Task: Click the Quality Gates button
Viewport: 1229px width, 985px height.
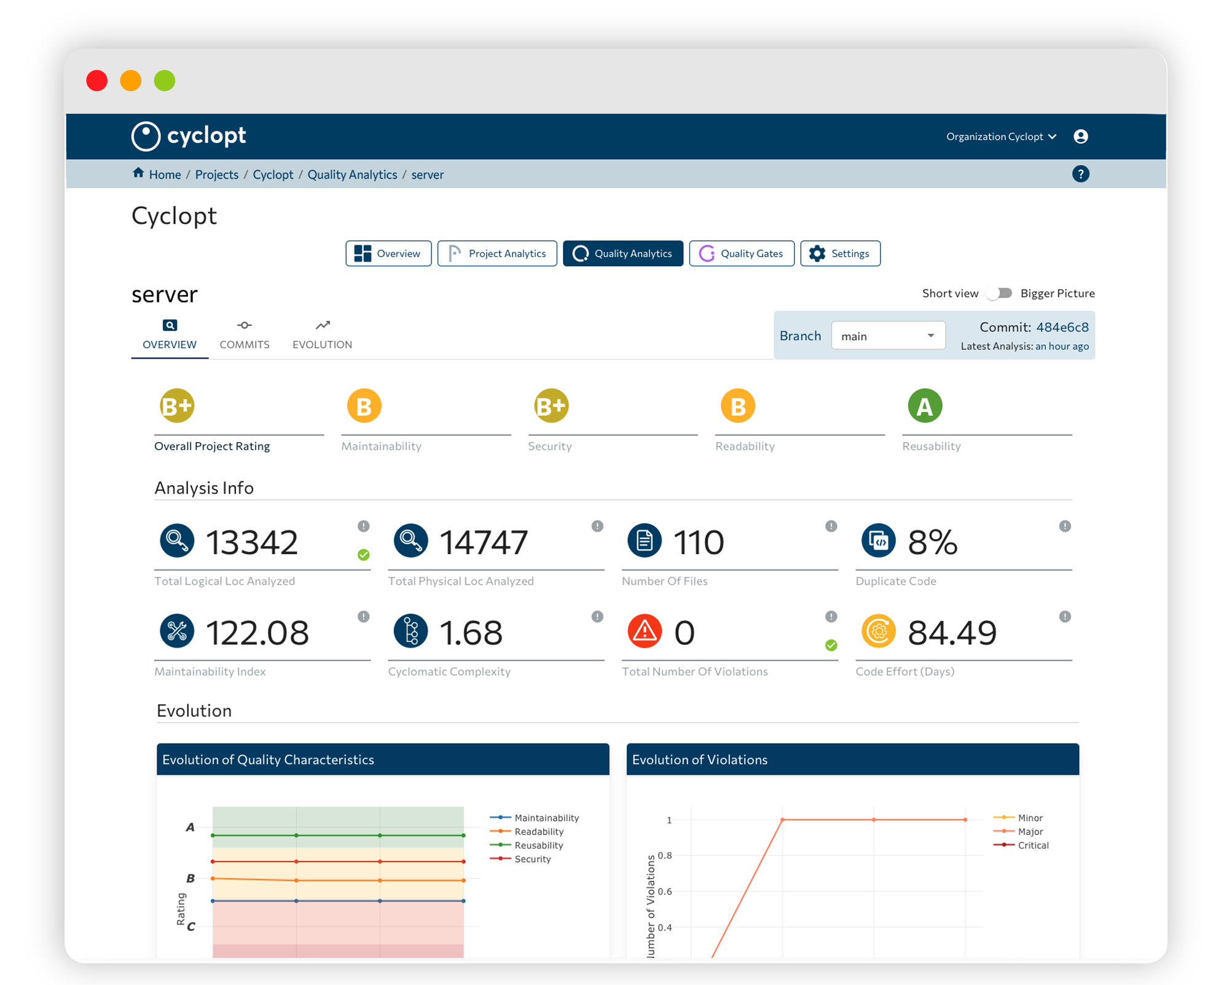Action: click(741, 253)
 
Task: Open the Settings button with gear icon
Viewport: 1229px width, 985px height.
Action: click(839, 253)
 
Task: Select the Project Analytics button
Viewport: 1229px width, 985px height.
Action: click(497, 253)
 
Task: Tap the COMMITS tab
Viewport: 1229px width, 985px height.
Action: click(245, 335)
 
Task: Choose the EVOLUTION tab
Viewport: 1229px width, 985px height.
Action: click(322, 335)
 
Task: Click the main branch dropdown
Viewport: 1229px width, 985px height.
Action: click(887, 336)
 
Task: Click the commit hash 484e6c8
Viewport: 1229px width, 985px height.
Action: click(1062, 327)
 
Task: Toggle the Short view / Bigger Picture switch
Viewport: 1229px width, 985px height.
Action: click(1000, 293)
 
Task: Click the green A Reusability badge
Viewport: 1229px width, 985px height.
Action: click(924, 406)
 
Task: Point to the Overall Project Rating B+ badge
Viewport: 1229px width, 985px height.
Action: click(177, 406)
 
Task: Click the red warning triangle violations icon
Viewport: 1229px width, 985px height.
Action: click(644, 631)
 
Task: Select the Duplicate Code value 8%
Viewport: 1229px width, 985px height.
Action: click(932, 542)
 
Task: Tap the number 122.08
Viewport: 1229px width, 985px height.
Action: click(257, 633)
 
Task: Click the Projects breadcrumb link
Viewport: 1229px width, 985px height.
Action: click(216, 175)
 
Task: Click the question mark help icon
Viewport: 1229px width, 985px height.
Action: click(1080, 174)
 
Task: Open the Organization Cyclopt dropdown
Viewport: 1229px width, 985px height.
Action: click(1000, 136)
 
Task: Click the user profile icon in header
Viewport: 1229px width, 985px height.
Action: click(1080, 136)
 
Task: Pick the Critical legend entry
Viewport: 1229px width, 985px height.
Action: click(1032, 845)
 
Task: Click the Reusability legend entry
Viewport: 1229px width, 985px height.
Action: click(538, 845)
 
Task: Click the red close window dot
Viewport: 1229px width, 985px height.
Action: click(97, 81)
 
